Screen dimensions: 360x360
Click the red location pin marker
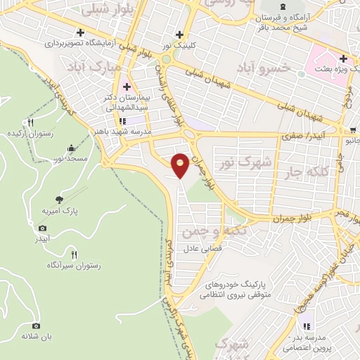pyautogui.click(x=181, y=163)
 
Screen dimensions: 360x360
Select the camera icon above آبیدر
pyautogui.click(x=43, y=228)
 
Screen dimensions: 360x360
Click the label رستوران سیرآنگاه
pyautogui.click(x=74, y=265)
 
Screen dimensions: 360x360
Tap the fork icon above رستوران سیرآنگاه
pyautogui.click(x=74, y=253)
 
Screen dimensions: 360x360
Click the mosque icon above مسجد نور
pyautogui.click(x=71, y=148)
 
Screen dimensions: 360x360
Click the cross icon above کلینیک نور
pyautogui.click(x=180, y=34)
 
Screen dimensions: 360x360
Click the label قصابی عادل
pyautogui.click(x=203, y=248)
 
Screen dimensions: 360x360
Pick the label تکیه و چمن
pyautogui.click(x=207, y=231)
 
